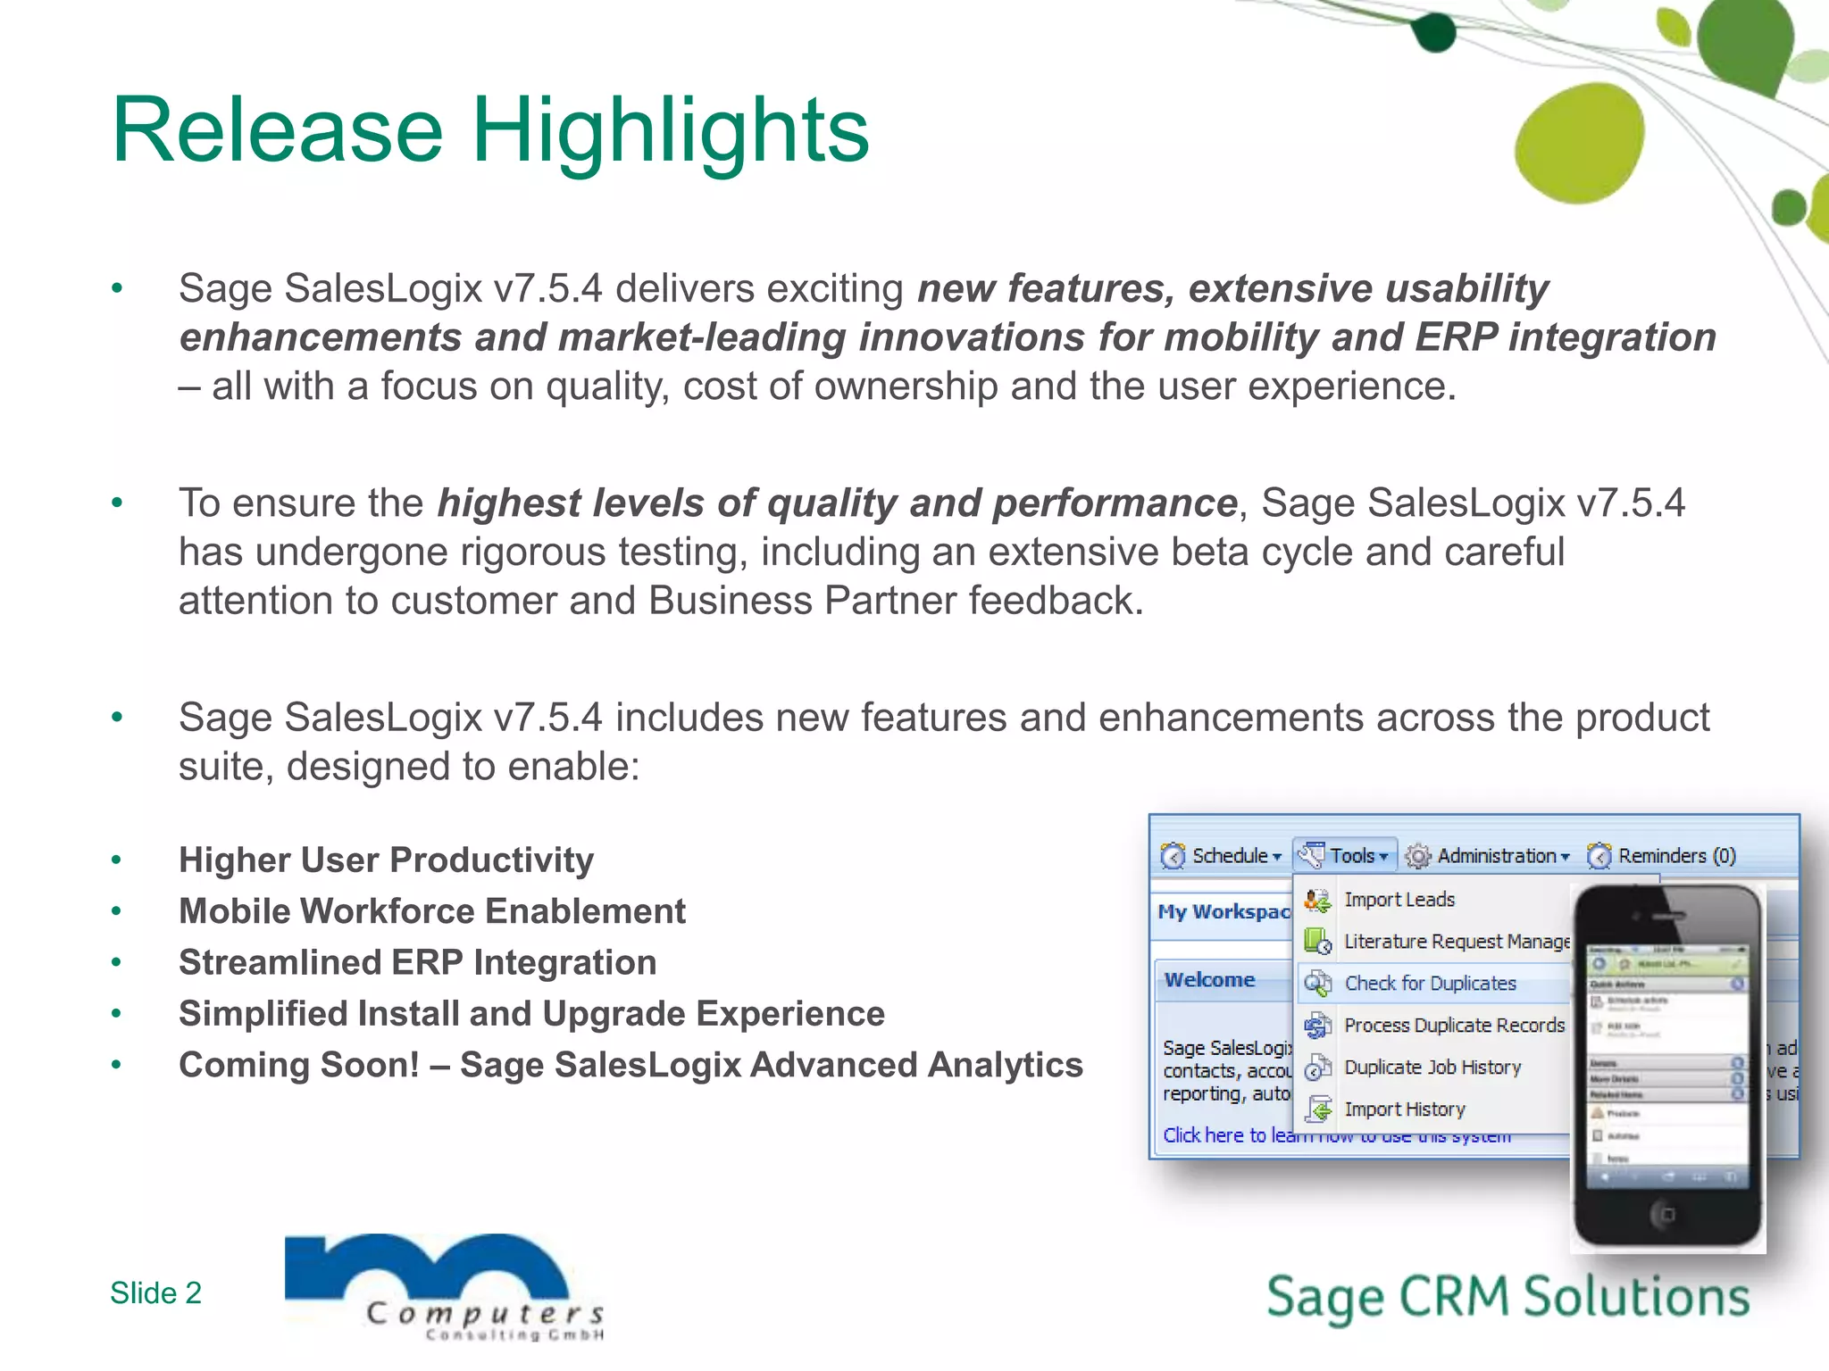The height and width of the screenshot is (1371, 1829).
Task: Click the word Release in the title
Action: pyautogui.click(x=277, y=131)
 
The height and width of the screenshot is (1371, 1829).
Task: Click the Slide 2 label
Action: pyautogui.click(x=155, y=1292)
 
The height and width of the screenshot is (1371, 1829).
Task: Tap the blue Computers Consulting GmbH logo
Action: pyautogui.click(x=442, y=1285)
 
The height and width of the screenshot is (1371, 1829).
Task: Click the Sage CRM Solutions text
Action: pyautogui.click(x=1507, y=1297)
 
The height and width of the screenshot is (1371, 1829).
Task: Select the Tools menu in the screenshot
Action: pyautogui.click(x=1346, y=856)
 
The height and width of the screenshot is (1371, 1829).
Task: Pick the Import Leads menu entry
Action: pyautogui.click(x=1399, y=900)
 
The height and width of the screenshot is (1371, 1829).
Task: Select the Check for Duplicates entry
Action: pyautogui.click(x=1429, y=984)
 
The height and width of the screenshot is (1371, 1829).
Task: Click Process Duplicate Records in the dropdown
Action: pyautogui.click(x=1453, y=1026)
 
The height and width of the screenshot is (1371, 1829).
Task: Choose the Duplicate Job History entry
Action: pyautogui.click(x=1432, y=1068)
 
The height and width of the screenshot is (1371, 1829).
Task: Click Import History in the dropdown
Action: pyautogui.click(x=1404, y=1109)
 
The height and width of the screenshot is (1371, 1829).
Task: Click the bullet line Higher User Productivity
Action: pyautogui.click(x=386, y=860)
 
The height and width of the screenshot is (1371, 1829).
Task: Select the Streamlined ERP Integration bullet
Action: pyautogui.click(x=417, y=963)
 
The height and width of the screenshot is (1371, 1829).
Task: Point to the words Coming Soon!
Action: pyautogui.click(x=298, y=1065)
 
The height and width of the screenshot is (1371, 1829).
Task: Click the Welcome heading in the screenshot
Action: pyautogui.click(x=1209, y=980)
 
